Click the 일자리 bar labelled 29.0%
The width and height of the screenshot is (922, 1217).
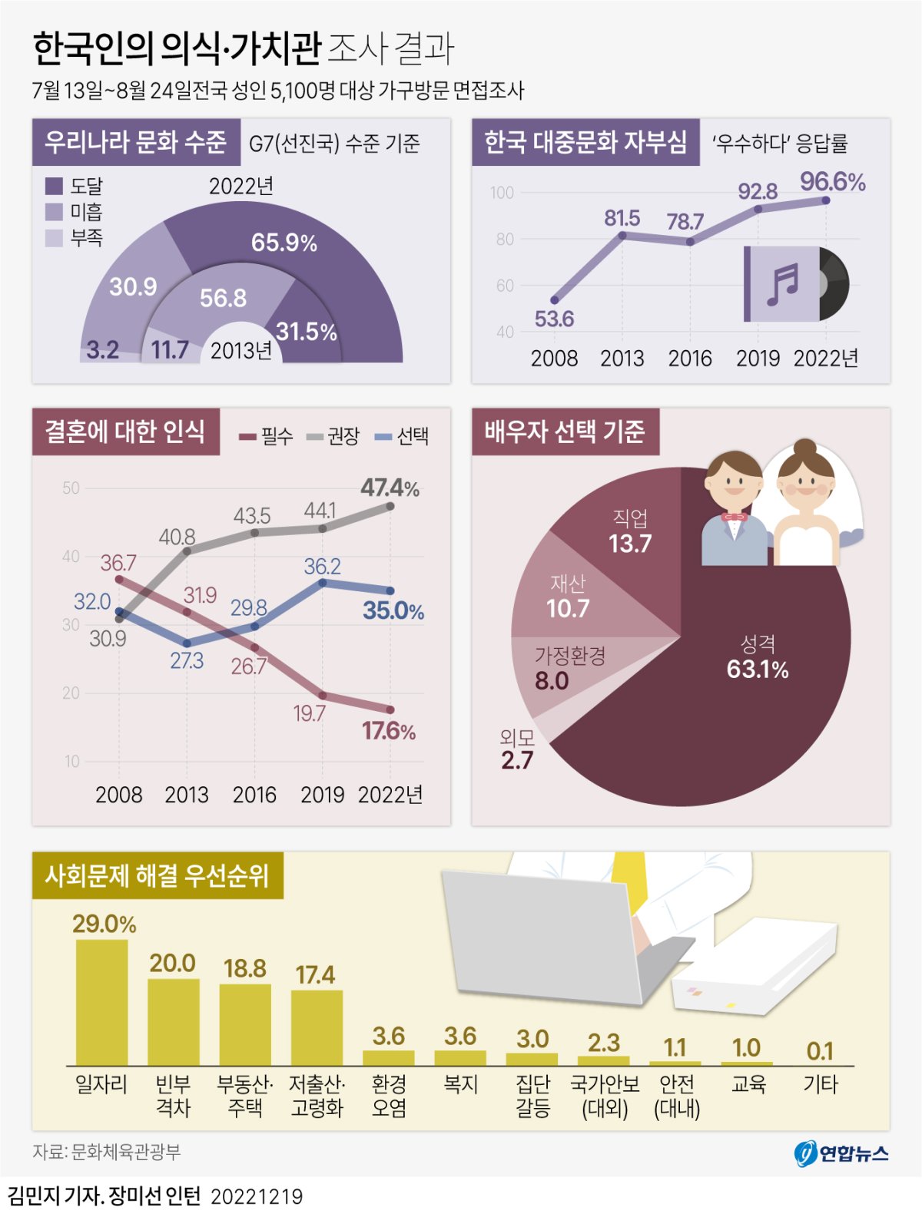point(101,1002)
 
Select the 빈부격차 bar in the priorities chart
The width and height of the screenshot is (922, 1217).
point(173,1021)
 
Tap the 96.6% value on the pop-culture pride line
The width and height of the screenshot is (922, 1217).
point(832,182)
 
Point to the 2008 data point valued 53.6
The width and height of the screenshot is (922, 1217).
point(555,300)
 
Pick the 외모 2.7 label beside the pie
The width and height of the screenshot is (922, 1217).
point(516,750)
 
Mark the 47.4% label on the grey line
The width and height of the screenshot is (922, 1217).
point(390,488)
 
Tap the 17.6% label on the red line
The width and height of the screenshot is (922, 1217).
point(388,731)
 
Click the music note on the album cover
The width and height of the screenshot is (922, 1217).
point(782,283)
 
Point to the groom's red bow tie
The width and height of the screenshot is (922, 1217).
point(734,517)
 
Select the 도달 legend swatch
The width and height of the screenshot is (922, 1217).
point(54,186)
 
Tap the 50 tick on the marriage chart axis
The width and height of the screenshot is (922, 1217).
point(71,488)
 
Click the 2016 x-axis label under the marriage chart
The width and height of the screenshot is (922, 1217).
point(254,795)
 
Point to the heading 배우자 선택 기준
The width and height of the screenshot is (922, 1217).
point(565,432)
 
